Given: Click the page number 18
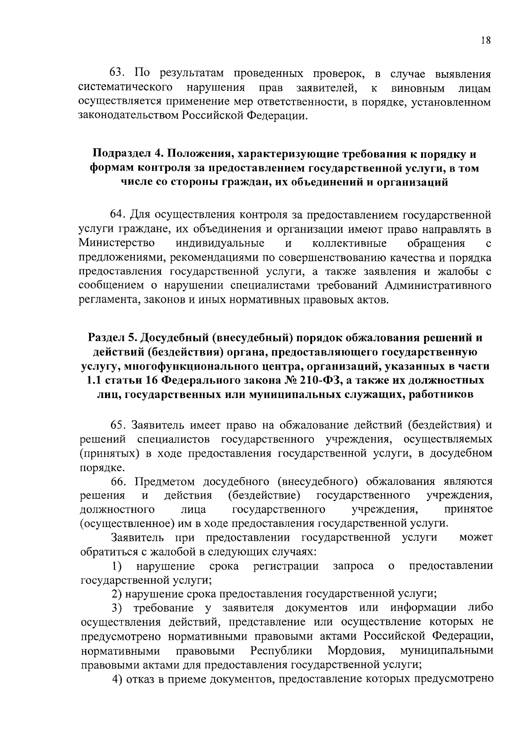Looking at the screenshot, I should [x=485, y=40].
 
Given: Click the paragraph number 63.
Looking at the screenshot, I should [x=118, y=73].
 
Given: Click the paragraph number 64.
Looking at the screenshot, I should [x=118, y=215].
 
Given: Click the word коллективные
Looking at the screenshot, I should [x=349, y=243].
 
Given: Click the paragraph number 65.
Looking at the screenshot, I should [x=118, y=425].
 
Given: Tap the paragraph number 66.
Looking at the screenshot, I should [x=118, y=481].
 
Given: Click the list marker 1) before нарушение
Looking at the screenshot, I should [x=117, y=566].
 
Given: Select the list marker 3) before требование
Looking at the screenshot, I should [x=117, y=608].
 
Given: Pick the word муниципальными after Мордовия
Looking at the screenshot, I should [x=446, y=651].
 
